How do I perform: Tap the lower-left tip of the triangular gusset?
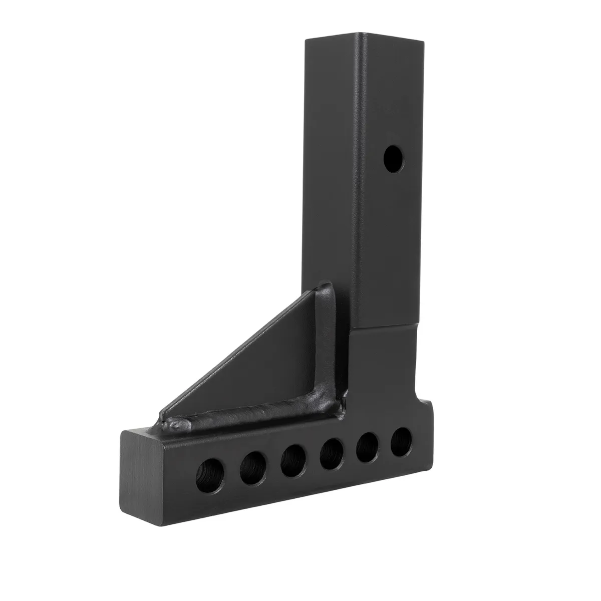(x=161, y=415)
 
